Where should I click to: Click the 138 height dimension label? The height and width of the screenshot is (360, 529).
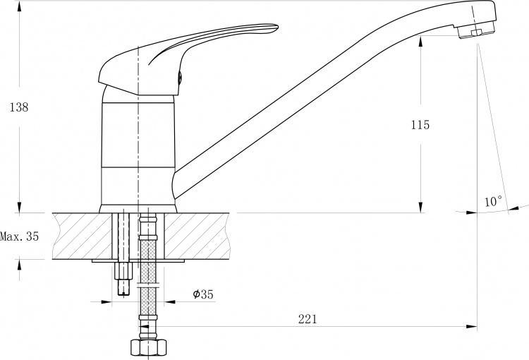click(19, 107)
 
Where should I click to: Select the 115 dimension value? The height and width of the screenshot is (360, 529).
click(420, 125)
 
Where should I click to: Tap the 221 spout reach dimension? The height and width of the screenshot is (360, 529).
click(308, 319)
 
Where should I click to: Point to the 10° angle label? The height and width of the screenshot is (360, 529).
click(494, 201)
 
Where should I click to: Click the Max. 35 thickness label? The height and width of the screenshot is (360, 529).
click(19, 236)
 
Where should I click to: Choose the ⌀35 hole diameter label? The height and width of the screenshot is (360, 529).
click(203, 294)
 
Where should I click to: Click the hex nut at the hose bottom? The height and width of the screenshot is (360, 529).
click(148, 347)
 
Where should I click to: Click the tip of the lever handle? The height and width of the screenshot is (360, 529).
click(277, 26)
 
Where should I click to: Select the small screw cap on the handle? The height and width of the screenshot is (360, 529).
click(180, 78)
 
